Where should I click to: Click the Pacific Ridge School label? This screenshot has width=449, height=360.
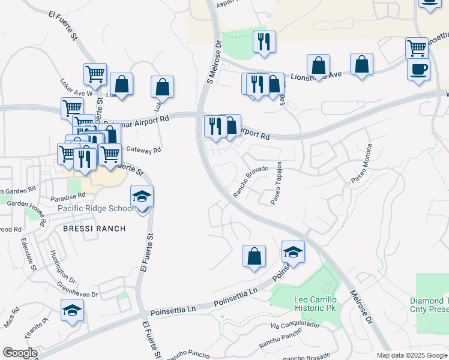point(96,208)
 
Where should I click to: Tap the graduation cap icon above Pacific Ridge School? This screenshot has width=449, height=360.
point(142,197)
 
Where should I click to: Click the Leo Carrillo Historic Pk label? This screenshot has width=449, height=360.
point(316,303)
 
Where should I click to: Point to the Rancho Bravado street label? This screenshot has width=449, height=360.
point(250,182)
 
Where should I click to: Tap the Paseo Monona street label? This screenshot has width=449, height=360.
point(362,163)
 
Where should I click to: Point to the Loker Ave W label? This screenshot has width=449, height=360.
point(77,89)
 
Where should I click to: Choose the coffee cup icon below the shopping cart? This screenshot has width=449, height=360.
point(418,69)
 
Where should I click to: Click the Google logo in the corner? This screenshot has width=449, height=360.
point(20,353)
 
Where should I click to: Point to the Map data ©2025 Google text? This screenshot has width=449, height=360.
point(412,355)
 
